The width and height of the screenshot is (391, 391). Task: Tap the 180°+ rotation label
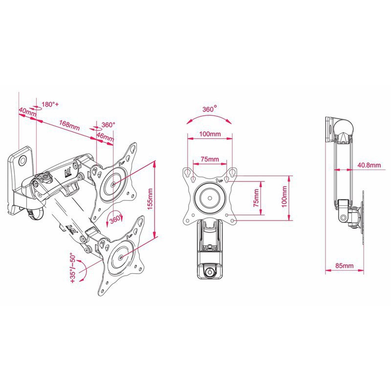click(x=50, y=105)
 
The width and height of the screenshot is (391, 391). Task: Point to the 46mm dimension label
click(x=106, y=137)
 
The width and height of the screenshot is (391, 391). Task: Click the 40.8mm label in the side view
click(x=369, y=165)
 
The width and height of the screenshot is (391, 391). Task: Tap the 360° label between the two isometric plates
click(x=116, y=219)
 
